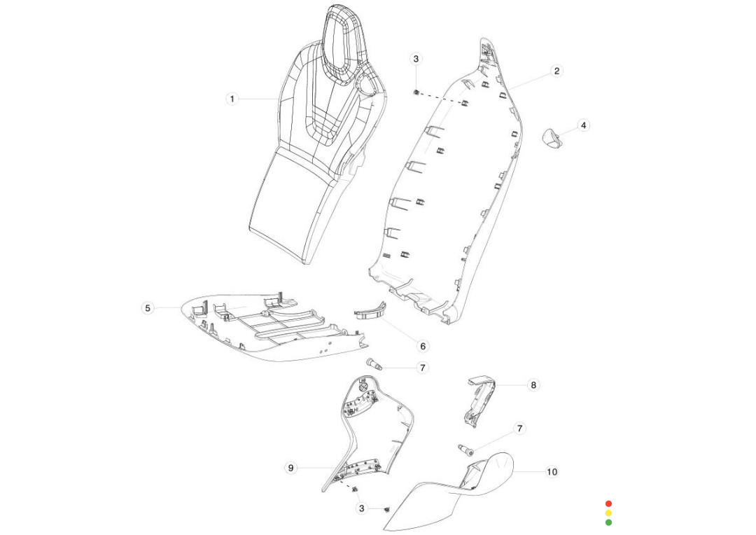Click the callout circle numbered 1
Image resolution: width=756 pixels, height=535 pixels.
click(232, 99)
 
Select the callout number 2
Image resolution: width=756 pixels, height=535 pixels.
click(556, 71)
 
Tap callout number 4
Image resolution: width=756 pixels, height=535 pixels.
click(584, 125)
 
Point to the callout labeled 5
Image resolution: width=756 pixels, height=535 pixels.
click(147, 307)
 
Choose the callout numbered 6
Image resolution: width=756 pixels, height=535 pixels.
click(422, 346)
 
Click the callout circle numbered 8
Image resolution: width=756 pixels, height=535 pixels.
click(533, 384)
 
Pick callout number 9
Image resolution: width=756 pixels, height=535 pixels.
click(290, 468)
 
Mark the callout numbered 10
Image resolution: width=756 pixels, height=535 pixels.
click(552, 472)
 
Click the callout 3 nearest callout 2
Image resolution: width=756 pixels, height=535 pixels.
click(416, 59)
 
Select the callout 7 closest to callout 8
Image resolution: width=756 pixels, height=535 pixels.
click(519, 428)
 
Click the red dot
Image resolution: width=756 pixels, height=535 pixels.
click(608, 503)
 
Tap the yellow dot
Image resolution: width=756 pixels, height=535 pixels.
click(608, 513)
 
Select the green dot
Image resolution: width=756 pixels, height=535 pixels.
click(608, 522)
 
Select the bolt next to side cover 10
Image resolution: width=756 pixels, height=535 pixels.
click(467, 449)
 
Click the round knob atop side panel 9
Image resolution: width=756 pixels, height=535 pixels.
click(363, 386)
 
